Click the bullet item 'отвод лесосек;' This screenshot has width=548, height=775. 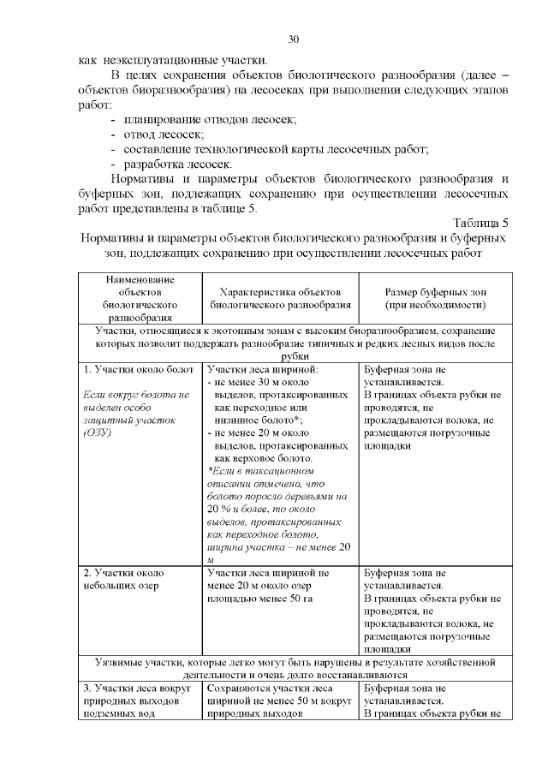click(x=164, y=134)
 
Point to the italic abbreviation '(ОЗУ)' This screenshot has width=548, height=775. click(x=98, y=432)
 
